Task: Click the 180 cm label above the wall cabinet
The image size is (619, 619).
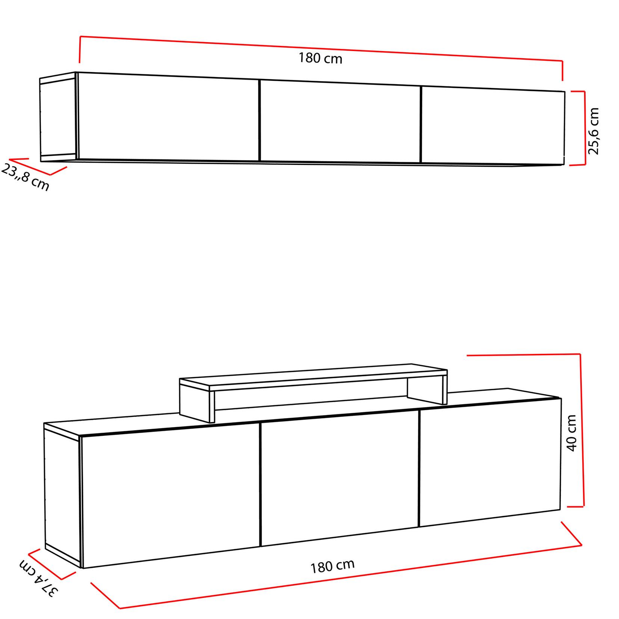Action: click(x=320, y=59)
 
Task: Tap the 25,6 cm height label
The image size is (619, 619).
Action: click(x=594, y=131)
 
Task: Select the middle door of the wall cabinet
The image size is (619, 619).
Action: click(x=340, y=122)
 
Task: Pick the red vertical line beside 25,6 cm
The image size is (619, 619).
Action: click(x=584, y=128)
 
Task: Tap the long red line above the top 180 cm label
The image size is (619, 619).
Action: click(x=321, y=48)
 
